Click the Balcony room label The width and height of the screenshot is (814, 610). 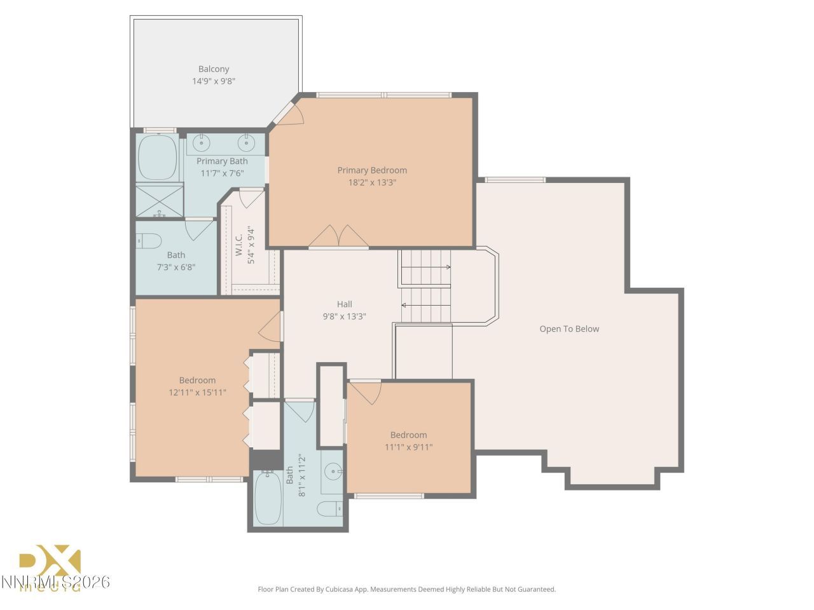[x=214, y=69]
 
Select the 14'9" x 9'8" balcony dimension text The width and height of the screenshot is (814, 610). [x=214, y=81]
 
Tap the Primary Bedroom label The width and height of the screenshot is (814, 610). [x=372, y=170]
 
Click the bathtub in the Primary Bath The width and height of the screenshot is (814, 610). [x=157, y=157]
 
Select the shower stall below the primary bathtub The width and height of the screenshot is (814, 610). [x=159, y=200]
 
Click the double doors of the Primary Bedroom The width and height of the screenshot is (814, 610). [x=338, y=236]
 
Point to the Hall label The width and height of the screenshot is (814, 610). [x=344, y=304]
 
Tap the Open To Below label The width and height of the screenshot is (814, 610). [x=569, y=329]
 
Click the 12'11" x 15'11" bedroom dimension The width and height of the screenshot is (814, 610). [x=197, y=393]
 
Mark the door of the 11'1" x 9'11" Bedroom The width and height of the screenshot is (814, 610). [x=364, y=391]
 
